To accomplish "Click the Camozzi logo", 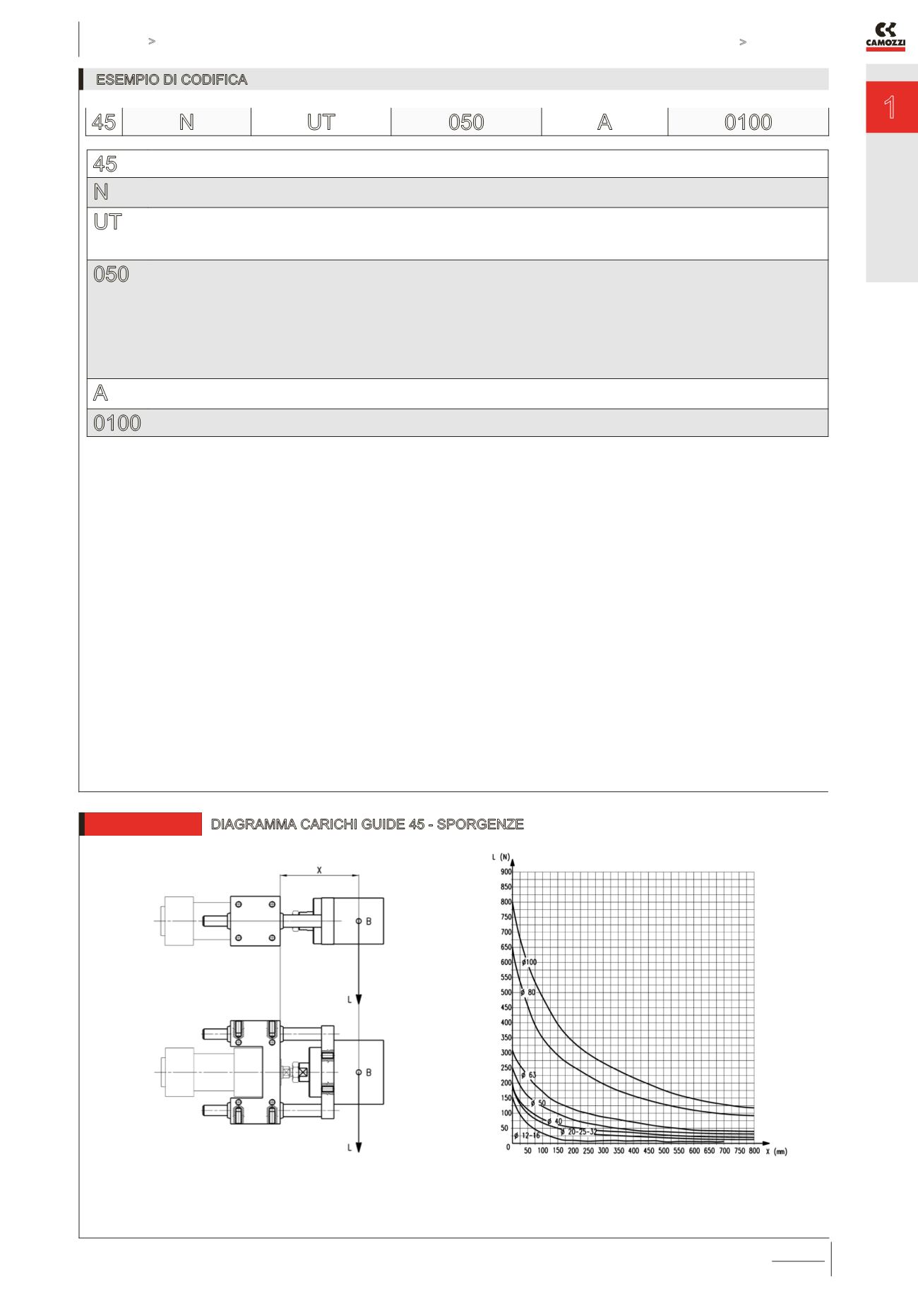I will [x=886, y=37].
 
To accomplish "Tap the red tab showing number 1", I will [x=891, y=108].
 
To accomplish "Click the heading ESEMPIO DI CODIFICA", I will [x=172, y=80].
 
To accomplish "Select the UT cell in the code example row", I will [x=321, y=122].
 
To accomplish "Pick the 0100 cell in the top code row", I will [x=748, y=122].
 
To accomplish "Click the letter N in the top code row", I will [x=186, y=122].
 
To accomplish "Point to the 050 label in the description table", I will [x=112, y=274].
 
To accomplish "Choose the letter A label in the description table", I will [x=101, y=392].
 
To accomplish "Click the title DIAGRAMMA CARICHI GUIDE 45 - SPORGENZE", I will [x=367, y=824].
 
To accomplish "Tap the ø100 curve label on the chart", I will [x=530, y=962].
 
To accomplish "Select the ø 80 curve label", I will [x=528, y=992].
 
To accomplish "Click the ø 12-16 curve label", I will [x=527, y=1136].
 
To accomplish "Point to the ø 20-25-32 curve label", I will [x=578, y=1131].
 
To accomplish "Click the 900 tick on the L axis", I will [x=506, y=872].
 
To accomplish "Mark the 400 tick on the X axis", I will [x=633, y=1150].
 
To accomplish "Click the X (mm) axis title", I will [x=776, y=1151].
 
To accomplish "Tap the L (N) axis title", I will [x=501, y=857].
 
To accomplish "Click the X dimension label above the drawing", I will [x=319, y=870].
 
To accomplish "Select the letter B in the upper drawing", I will [x=369, y=921].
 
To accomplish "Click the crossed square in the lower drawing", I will [x=303, y=1072].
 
